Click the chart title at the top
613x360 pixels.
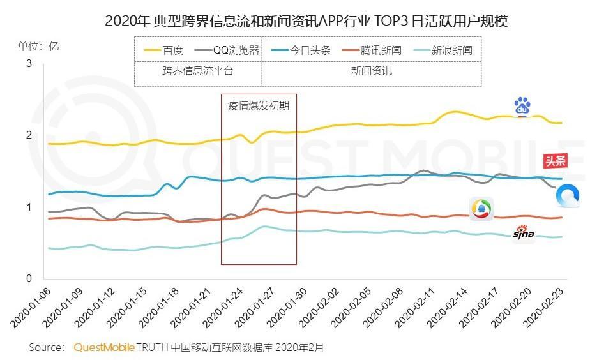pyautogui.click(x=306, y=21)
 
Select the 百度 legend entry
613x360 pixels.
pyautogui.click(x=164, y=50)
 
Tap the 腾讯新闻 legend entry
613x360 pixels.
pyautogui.click(x=372, y=50)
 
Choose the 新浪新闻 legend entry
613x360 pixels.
pyautogui.click(x=443, y=50)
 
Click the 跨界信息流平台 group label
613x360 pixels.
pyautogui.click(x=197, y=71)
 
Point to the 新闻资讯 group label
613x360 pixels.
pyautogui.click(x=371, y=71)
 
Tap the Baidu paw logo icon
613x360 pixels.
pyautogui.click(x=522, y=107)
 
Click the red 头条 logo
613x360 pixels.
pyautogui.click(x=554, y=160)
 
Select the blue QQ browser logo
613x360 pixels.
pyautogui.click(x=567, y=196)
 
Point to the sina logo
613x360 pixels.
pyautogui.click(x=524, y=234)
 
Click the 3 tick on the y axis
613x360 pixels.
pyautogui.click(x=29, y=63)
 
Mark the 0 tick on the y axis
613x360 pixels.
pyautogui.click(x=29, y=278)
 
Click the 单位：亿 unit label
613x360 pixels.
pyautogui.click(x=38, y=46)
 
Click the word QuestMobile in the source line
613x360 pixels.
pyautogui.click(x=104, y=348)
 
